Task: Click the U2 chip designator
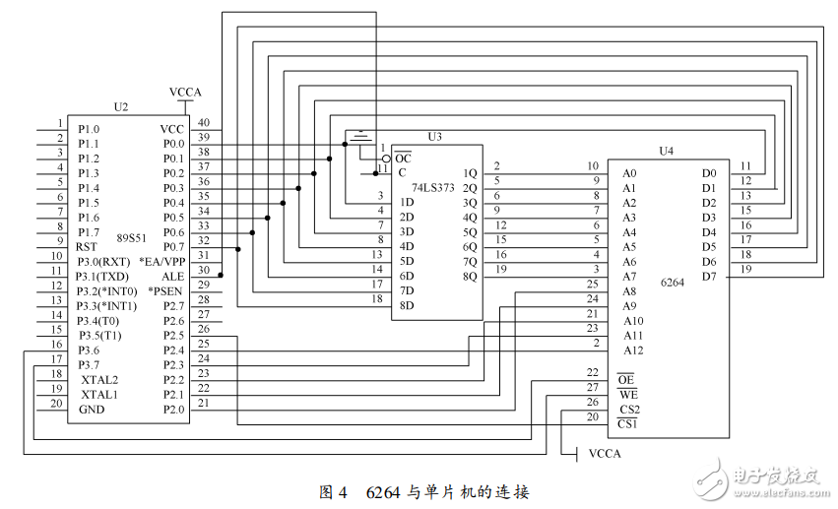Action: click(x=120, y=107)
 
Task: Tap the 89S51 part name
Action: click(x=133, y=237)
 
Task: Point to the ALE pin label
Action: click(x=172, y=277)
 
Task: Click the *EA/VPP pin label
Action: click(x=161, y=262)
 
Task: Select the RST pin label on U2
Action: click(x=87, y=247)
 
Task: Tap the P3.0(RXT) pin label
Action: click(x=103, y=262)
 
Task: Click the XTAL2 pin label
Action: click(x=99, y=380)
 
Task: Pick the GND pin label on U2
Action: click(x=92, y=410)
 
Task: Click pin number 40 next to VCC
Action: click(x=203, y=122)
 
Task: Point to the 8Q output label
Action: click(x=470, y=277)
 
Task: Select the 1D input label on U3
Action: click(x=406, y=203)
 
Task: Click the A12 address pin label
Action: click(x=633, y=350)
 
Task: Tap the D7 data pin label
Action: click(x=708, y=277)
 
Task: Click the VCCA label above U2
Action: click(x=185, y=93)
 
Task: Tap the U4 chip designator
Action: click(x=666, y=152)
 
